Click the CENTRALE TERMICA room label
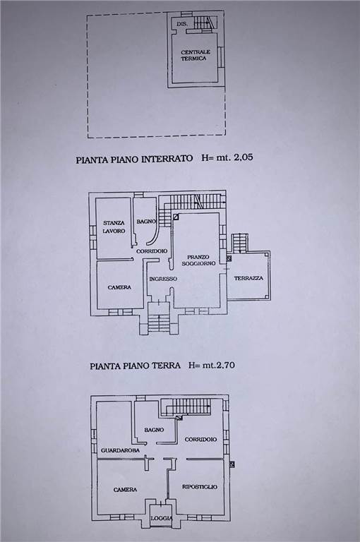(x=196, y=55)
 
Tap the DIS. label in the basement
(x=182, y=24)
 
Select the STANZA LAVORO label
(x=114, y=227)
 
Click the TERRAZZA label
(x=248, y=278)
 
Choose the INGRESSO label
(x=163, y=279)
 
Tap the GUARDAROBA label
(x=120, y=450)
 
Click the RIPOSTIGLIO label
(x=200, y=487)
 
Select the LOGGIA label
(x=162, y=518)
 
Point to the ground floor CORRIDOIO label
(x=152, y=251)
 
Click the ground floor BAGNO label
(x=146, y=221)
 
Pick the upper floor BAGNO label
(x=155, y=430)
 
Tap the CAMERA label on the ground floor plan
(x=119, y=287)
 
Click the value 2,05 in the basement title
(x=243, y=157)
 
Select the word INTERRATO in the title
(x=167, y=159)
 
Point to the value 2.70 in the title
(x=224, y=365)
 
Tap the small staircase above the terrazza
(x=240, y=242)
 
